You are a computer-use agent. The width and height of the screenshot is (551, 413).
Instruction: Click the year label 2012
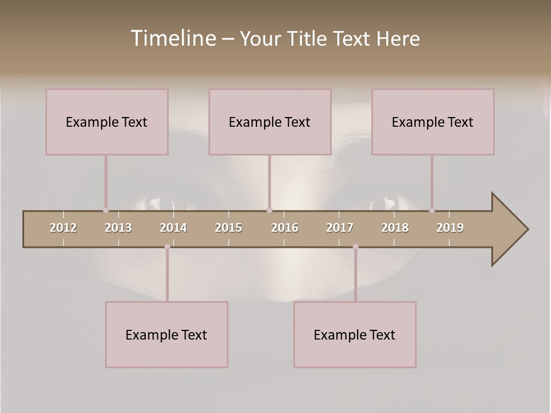coord(63,228)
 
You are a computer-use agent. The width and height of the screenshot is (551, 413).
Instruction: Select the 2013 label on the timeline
coord(118,228)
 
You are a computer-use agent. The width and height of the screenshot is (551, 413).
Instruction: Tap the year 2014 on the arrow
coord(173,228)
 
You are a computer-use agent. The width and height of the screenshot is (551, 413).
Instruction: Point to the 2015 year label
coord(228,228)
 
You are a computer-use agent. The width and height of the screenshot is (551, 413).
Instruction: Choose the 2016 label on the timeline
coord(285,228)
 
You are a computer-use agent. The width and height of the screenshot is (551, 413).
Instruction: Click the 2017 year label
coord(340,228)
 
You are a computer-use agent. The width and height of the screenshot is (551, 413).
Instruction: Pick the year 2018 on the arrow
coord(395,228)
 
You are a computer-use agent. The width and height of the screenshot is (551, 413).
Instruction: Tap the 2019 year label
coord(450,228)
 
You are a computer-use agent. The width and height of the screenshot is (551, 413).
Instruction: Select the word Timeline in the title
coord(172,38)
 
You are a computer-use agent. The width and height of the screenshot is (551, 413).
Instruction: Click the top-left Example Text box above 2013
coord(107,122)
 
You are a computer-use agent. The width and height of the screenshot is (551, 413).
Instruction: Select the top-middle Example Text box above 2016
coord(270,122)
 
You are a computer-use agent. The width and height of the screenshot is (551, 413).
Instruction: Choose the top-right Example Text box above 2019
coord(433,122)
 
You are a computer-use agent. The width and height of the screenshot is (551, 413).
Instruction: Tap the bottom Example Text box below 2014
coord(166,334)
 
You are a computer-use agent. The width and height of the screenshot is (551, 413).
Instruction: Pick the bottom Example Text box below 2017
coord(355,334)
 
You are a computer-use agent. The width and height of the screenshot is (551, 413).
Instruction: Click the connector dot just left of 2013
coord(106,211)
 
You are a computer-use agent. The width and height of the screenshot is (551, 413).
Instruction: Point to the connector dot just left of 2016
coord(269,211)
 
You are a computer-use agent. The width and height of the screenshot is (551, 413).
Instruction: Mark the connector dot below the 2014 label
coord(167,247)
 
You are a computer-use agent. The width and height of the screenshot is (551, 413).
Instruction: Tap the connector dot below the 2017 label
coord(355,247)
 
